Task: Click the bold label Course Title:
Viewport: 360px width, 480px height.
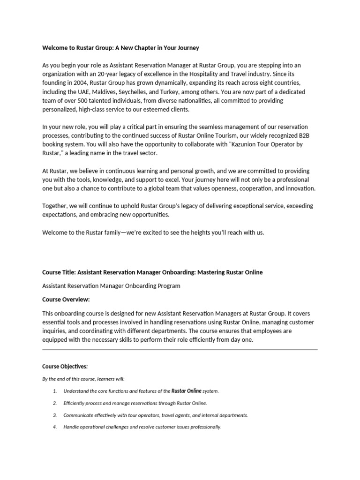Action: (x=59, y=272)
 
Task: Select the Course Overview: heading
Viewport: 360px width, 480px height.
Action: (x=66, y=300)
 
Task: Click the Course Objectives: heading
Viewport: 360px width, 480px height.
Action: (x=65, y=367)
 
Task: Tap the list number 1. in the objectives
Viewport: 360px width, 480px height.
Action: (x=55, y=391)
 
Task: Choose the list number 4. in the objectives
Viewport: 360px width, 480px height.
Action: (x=55, y=427)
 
